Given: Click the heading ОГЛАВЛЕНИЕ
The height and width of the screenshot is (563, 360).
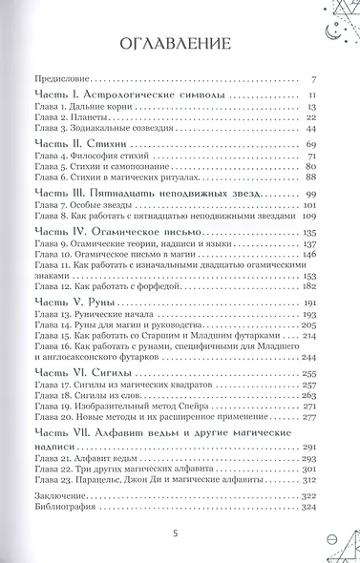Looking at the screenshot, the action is [180, 44].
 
